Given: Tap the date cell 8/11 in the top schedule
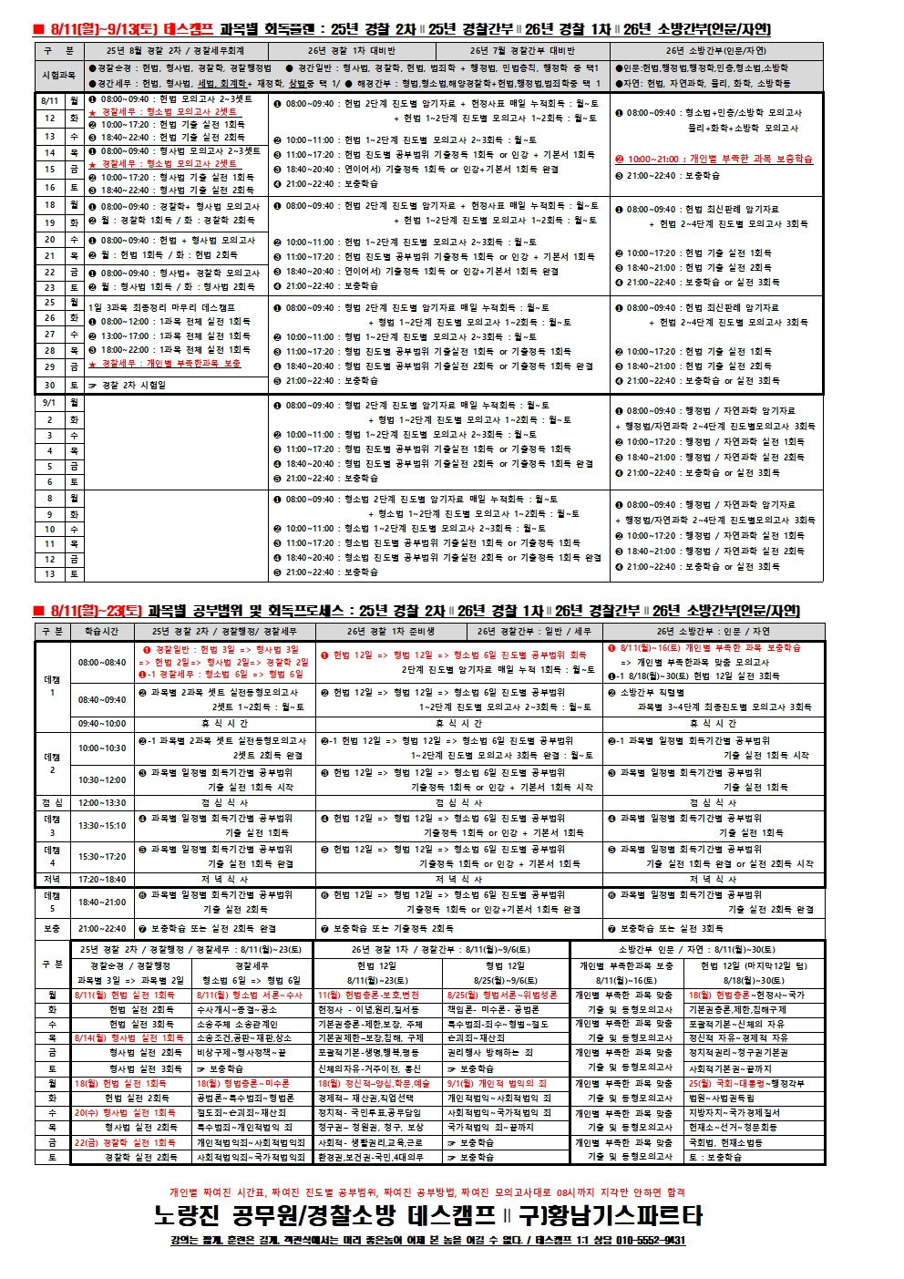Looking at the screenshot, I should coord(50,101).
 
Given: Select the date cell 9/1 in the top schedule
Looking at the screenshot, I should coord(50,403).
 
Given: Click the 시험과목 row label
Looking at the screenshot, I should coord(59,76).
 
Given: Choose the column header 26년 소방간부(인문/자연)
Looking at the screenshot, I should coord(715,51).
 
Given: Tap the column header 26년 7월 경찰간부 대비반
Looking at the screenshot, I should coord(522,51).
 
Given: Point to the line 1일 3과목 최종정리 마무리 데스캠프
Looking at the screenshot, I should coord(161,308).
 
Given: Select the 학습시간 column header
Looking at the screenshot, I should coord(102,632).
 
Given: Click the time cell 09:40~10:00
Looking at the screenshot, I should coord(102,724).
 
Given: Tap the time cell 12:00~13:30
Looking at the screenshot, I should coord(102,803).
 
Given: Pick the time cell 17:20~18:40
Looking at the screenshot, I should coord(102,880).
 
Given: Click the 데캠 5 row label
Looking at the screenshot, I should coord(52,902).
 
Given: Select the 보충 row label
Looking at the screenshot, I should coord(52,929).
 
